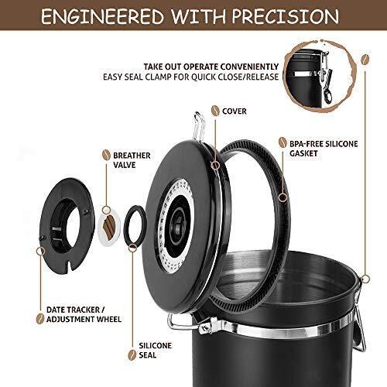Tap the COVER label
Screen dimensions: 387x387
click(x=234, y=111)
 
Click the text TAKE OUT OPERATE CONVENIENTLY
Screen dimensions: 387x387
click(x=210, y=67)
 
